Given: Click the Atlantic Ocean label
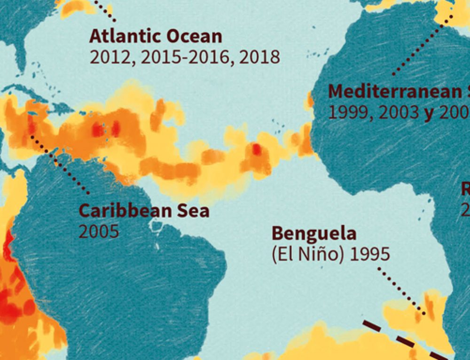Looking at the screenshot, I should click(x=156, y=36).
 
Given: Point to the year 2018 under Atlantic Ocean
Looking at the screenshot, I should click(x=259, y=57).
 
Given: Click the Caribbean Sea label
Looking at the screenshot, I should click(x=144, y=211).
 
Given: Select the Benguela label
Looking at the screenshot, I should click(x=314, y=233).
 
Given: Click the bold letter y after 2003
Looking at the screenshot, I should click(x=428, y=113).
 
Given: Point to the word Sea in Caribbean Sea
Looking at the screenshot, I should click(x=192, y=211).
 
